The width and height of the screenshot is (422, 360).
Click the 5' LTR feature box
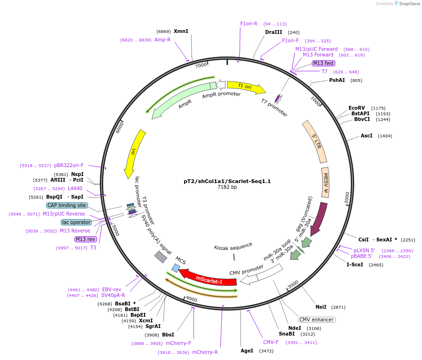315,141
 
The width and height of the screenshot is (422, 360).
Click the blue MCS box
176,268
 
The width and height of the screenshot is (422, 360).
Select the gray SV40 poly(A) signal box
161,256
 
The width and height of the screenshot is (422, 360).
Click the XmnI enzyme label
181,32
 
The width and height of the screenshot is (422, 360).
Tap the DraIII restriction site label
274,32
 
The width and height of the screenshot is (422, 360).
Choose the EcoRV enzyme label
357,108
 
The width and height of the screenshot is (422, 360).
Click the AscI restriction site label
366,136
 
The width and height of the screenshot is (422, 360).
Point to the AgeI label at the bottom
247,351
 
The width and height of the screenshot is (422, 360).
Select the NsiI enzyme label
321,307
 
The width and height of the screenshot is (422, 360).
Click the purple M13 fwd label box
323,64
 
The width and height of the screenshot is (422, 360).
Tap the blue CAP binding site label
67,205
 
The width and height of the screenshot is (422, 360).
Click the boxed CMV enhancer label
316,320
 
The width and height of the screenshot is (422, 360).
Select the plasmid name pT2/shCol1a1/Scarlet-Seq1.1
227,181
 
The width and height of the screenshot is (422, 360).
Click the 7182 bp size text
227,187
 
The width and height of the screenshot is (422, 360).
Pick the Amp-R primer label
162,40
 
